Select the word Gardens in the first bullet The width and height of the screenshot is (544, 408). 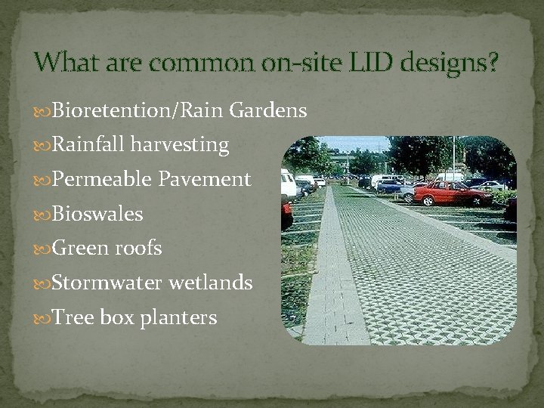(x=267, y=111)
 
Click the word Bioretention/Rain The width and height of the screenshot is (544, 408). (x=138, y=111)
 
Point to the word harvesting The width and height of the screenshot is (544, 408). (x=180, y=145)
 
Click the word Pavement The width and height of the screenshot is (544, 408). (x=205, y=180)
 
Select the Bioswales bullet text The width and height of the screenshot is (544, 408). (x=97, y=215)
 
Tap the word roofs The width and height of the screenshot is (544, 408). (x=138, y=249)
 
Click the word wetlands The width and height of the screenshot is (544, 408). (x=211, y=283)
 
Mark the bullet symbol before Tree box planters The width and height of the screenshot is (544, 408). (x=44, y=318)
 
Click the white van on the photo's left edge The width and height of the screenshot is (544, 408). (x=289, y=185)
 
